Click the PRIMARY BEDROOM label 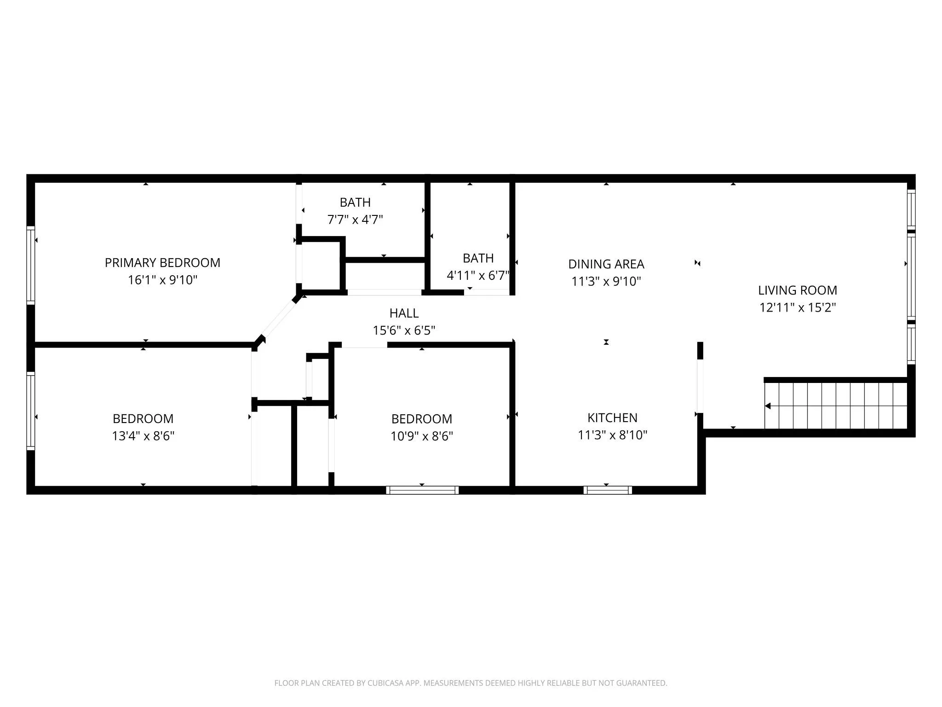[x=162, y=263]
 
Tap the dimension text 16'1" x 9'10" [x=162, y=280]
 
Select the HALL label [x=404, y=313]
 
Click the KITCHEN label [x=612, y=418]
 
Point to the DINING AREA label [x=606, y=264]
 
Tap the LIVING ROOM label [x=797, y=290]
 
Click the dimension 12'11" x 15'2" [x=797, y=307]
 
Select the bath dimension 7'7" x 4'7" [x=355, y=220]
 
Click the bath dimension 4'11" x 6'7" [x=477, y=276]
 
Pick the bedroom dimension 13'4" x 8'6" [x=143, y=436]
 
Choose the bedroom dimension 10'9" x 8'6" [x=421, y=436]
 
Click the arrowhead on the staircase [x=768, y=406]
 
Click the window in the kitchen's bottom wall [x=608, y=490]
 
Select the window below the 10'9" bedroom [x=422, y=490]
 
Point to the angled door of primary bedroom [x=278, y=319]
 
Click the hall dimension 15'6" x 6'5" [x=404, y=330]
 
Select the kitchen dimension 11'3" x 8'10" [x=612, y=435]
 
